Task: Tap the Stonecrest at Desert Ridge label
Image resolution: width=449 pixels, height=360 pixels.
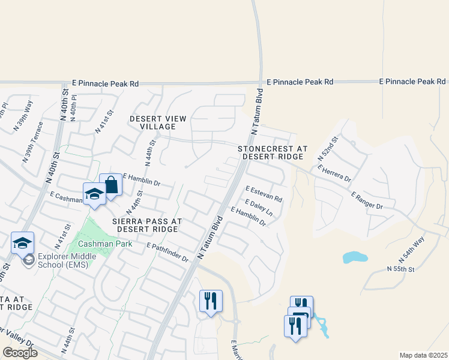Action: (272, 152)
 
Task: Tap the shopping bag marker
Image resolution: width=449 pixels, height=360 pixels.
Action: (111, 184)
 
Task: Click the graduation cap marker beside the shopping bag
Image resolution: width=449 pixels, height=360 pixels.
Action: (94, 194)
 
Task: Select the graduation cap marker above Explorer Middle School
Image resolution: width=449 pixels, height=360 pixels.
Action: (22, 243)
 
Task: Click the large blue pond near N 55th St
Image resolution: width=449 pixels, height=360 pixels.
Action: (355, 257)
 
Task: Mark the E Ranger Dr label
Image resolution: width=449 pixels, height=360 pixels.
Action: (367, 201)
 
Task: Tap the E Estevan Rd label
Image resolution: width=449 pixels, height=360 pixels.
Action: (264, 193)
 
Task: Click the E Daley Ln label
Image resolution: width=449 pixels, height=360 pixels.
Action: (259, 208)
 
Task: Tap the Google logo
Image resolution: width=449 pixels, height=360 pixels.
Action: (19, 352)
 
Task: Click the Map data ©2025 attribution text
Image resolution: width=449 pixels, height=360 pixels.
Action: (423, 355)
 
